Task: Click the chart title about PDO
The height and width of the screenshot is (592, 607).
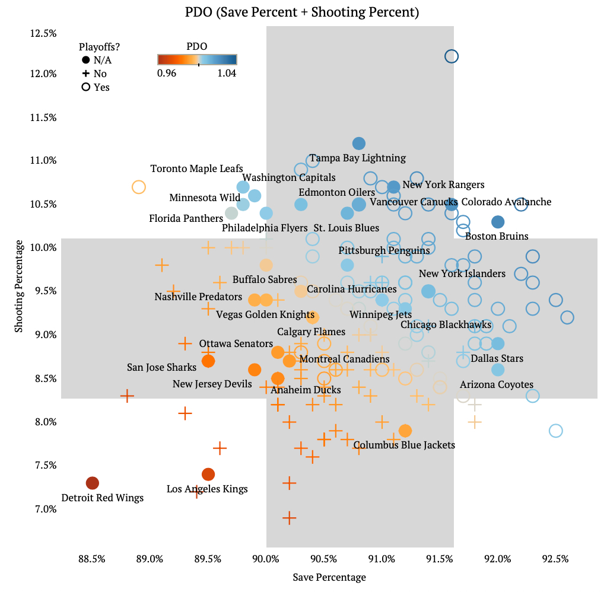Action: [303, 12]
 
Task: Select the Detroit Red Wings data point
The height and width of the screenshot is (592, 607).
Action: [92, 483]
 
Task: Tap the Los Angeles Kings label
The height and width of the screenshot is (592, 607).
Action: [207, 489]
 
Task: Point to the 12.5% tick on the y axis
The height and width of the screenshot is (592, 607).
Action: [43, 33]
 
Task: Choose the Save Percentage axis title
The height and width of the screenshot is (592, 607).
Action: [329, 577]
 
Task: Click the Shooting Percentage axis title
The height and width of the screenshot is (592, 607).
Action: [20, 286]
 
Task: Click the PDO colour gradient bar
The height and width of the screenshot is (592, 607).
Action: [197, 59]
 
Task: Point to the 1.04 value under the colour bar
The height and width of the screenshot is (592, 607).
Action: [227, 74]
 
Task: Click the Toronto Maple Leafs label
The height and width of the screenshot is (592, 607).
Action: [196, 169]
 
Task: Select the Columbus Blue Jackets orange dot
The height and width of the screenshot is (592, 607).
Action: [405, 431]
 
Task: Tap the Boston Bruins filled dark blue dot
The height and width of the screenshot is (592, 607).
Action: [498, 222]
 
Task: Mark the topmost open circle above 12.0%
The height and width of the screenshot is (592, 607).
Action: [452, 56]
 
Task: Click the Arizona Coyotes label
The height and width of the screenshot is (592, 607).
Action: [497, 385]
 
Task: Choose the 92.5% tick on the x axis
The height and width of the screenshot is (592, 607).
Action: [556, 559]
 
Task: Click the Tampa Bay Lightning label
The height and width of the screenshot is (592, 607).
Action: [358, 158]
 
